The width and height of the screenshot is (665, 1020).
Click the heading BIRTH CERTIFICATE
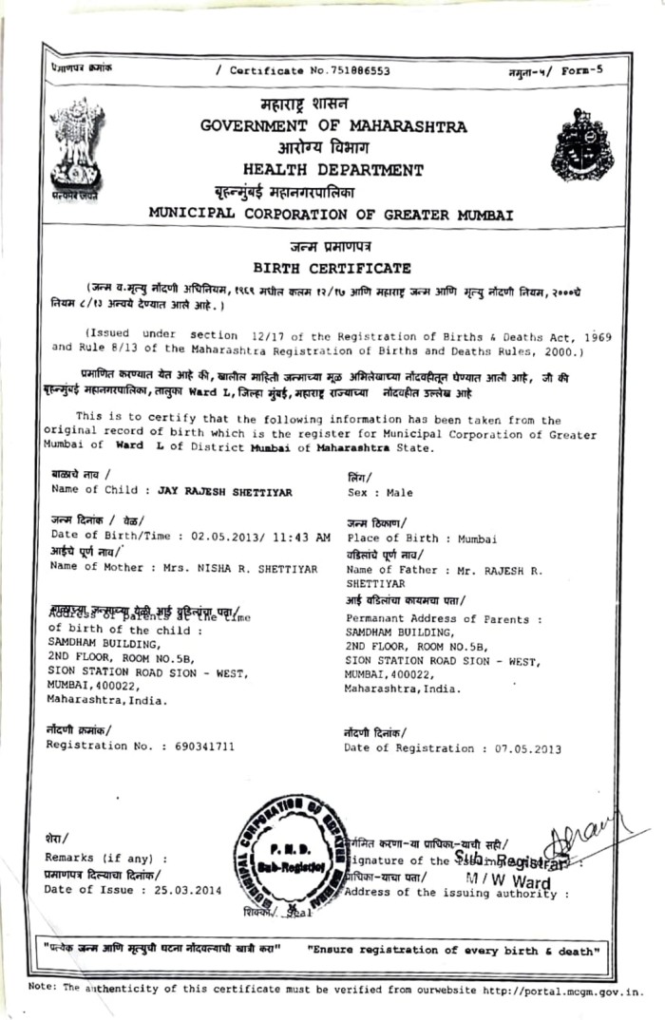point(332,268)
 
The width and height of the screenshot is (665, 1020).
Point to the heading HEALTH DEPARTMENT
point(332,171)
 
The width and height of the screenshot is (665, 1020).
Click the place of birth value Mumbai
point(477,538)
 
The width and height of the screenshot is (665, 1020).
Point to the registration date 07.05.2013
point(527,749)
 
